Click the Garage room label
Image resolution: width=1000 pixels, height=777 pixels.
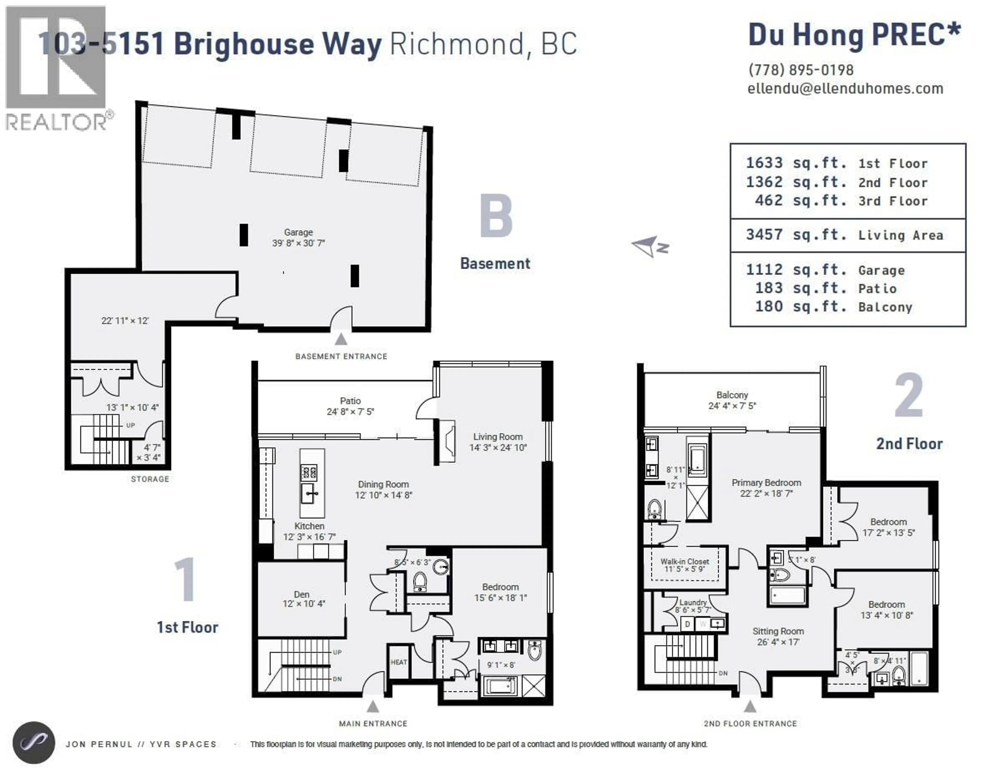coord(298,233)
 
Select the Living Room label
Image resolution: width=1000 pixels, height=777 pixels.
coord(498,437)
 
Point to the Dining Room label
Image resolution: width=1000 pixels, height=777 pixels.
coord(383,484)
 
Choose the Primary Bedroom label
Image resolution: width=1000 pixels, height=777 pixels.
coord(766,483)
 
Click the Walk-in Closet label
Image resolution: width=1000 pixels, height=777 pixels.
coord(685,561)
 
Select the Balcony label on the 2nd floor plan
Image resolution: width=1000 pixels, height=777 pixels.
coord(732,395)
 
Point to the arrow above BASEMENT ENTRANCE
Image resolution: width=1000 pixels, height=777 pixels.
coord(341,339)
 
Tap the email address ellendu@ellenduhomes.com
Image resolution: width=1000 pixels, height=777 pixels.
coord(845,88)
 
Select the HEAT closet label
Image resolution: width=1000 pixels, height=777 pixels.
coord(398,662)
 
